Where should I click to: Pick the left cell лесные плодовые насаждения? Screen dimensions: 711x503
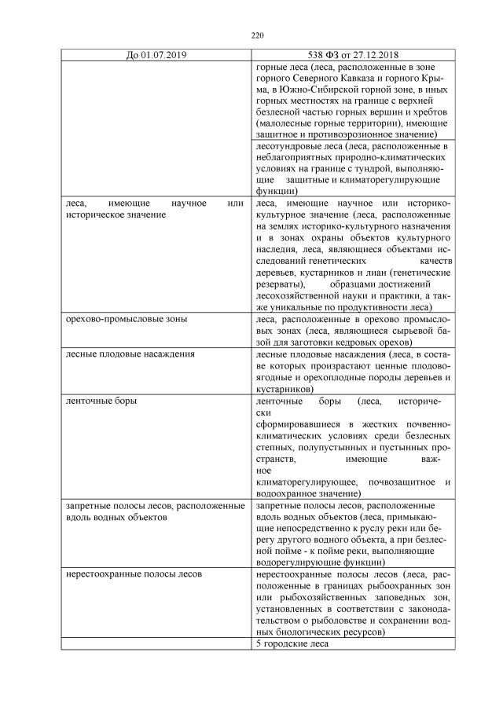(119, 354)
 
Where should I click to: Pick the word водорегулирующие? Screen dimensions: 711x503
(294, 563)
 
